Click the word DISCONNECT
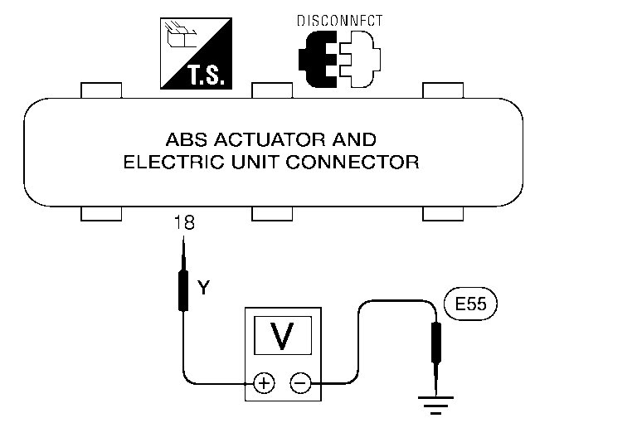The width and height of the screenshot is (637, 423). point(340,21)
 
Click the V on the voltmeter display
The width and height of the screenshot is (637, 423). point(282,336)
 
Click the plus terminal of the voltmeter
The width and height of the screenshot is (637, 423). point(263,383)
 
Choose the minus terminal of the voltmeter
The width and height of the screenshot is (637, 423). point(300,383)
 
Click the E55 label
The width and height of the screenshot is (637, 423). point(470,304)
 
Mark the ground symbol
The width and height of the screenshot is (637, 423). point(433,404)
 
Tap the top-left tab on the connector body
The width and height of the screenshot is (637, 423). point(100,90)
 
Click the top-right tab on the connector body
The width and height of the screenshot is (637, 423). point(444,90)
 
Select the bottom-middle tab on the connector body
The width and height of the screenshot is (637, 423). point(272,214)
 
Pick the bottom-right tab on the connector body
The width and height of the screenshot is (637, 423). point(444,214)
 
